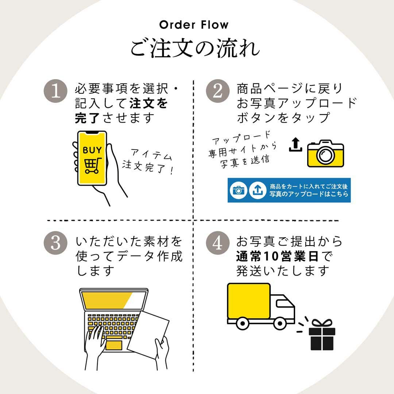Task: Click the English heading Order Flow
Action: (x=194, y=25)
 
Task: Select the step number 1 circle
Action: (x=55, y=92)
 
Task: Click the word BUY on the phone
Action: (x=92, y=150)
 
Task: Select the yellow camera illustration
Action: (x=325, y=154)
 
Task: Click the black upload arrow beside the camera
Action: (x=295, y=145)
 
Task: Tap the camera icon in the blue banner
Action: (x=239, y=190)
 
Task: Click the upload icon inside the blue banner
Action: (x=258, y=190)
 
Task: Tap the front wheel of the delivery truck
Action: (x=279, y=323)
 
